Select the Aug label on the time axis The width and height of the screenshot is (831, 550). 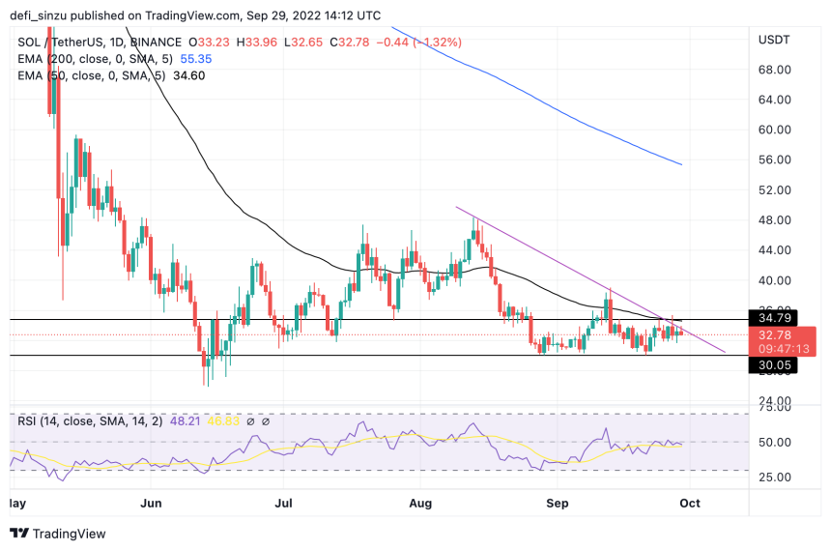419,504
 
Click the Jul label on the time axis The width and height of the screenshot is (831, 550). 283,504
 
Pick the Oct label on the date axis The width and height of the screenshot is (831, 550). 689,504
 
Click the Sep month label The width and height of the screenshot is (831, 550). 556,504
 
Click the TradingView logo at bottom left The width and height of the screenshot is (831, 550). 58,534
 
